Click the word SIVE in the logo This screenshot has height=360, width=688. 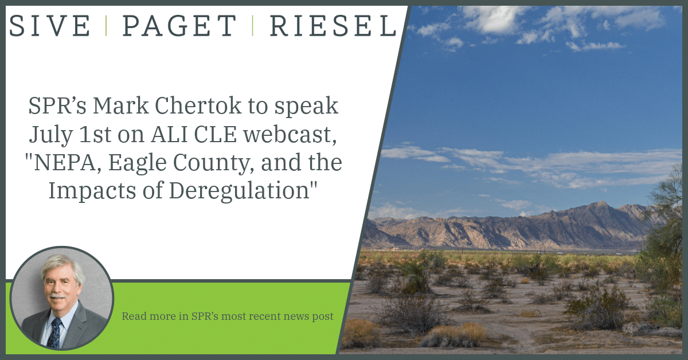[50, 26]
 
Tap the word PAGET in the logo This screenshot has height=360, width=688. [179, 26]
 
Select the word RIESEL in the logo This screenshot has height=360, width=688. [333, 26]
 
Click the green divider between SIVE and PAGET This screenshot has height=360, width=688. [106, 26]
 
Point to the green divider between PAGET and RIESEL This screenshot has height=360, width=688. [253, 26]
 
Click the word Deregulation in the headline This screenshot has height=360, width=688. [239, 191]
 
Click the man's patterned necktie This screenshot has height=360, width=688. [55, 333]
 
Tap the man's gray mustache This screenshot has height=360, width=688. [58, 297]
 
